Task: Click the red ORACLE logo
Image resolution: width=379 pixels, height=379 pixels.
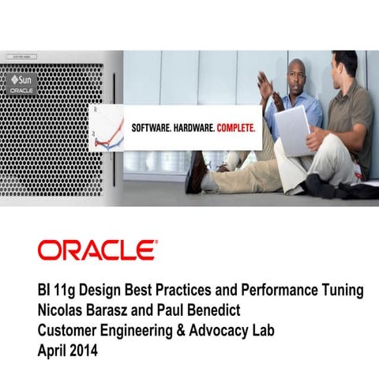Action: point(97,251)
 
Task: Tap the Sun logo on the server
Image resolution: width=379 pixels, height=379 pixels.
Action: point(22,81)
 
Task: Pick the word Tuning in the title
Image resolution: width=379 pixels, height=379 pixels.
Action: point(341,291)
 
